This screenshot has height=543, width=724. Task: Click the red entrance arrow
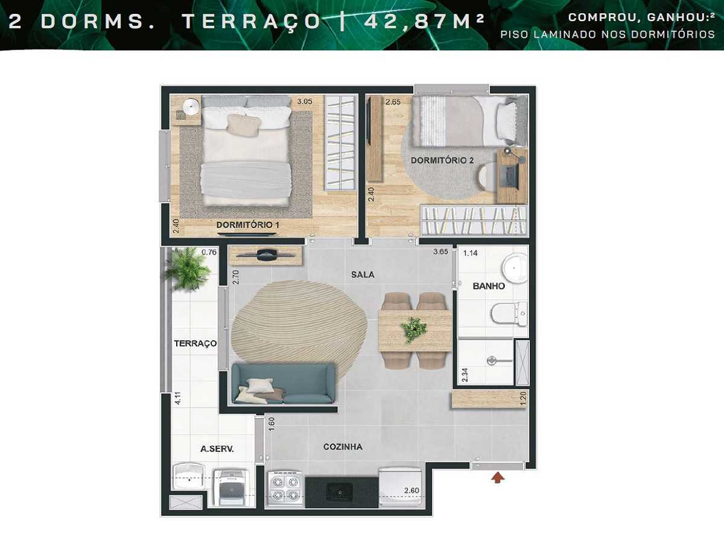497,478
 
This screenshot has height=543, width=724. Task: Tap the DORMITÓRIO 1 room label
248,225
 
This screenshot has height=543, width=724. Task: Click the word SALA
363,275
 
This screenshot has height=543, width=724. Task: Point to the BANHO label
489,286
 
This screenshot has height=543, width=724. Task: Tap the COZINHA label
343,447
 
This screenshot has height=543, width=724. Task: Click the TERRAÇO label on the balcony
195,343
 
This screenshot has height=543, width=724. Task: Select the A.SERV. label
217,449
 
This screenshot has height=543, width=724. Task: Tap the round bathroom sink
514,267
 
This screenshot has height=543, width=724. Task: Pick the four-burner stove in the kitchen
284,487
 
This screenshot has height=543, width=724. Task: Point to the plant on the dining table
413,329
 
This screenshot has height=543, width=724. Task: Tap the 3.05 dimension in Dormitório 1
304,102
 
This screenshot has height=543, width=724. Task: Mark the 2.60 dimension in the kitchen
412,491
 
